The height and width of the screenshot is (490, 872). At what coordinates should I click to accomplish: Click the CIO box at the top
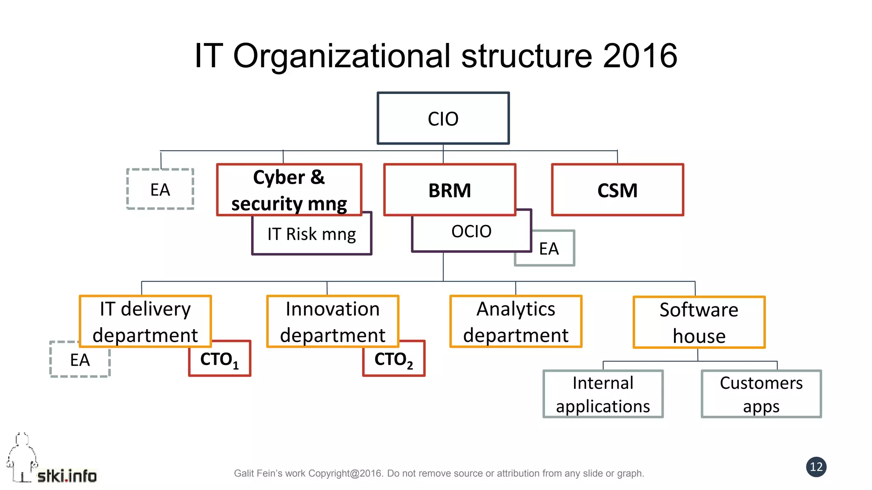coord(443,118)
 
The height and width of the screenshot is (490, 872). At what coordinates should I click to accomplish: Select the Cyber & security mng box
coord(289,190)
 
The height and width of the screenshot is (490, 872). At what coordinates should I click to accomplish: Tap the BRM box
coord(450,190)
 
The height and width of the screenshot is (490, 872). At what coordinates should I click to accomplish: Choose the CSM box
coord(617,190)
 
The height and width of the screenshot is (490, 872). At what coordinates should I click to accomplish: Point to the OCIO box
coord(471,232)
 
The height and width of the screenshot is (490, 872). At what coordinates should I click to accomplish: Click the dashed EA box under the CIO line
coord(160,189)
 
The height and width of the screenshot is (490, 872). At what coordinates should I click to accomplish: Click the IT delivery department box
coord(145,322)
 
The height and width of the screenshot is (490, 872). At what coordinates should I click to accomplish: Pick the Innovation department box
coord(333,322)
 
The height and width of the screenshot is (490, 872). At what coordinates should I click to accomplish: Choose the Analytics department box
coord(516,322)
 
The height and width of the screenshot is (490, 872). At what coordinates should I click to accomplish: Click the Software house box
coord(699,322)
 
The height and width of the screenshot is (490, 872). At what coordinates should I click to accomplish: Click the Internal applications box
coord(603,394)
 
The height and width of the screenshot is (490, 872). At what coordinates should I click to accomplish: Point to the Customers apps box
coord(761,394)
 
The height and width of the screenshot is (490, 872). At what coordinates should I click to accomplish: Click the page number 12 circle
coord(816,467)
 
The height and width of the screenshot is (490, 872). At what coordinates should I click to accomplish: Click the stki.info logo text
coord(67,476)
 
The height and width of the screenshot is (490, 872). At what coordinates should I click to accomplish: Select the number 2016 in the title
coord(640,56)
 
